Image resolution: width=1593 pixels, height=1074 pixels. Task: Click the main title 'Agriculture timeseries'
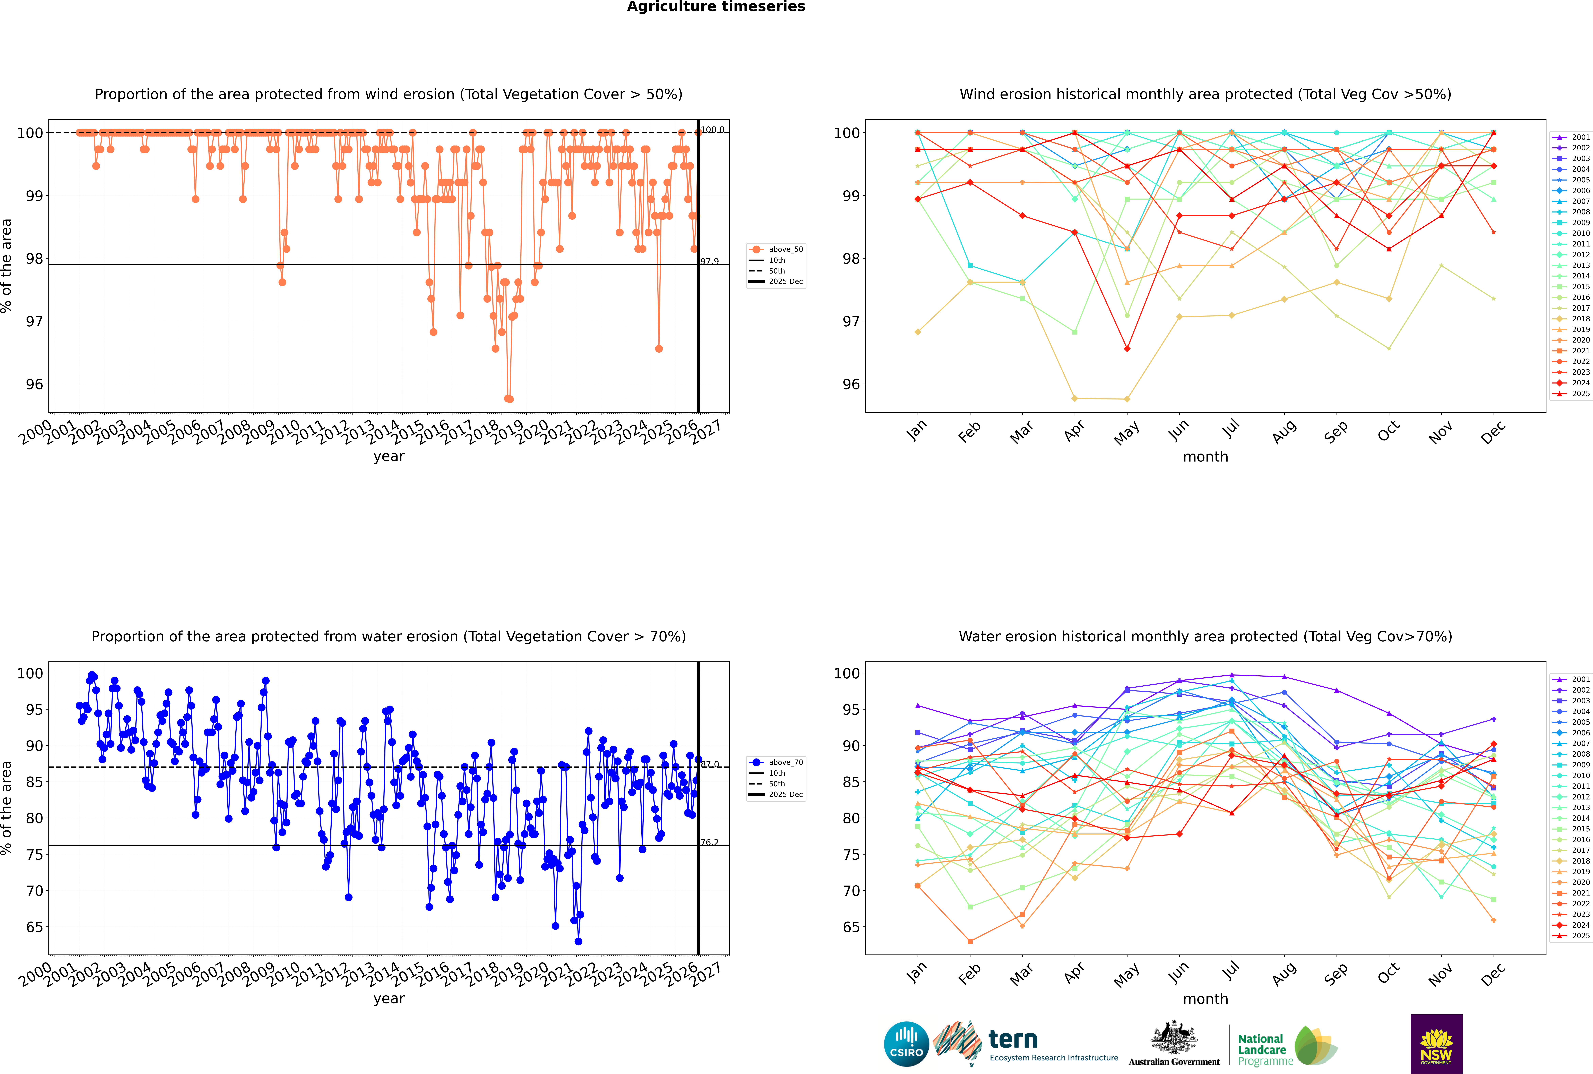coord(716,7)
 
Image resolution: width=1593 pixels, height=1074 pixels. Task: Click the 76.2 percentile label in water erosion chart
coord(710,842)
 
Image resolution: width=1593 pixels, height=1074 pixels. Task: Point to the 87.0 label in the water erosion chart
coord(710,764)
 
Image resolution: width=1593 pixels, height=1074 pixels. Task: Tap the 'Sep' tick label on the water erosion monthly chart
coord(1336,975)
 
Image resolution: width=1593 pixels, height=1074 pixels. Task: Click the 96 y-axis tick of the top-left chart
coord(34,384)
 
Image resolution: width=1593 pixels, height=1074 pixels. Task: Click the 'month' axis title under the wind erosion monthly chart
coord(1205,457)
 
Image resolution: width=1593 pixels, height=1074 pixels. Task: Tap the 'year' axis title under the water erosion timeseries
coord(389,999)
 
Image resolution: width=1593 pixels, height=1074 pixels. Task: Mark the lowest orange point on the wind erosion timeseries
coord(508,399)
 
